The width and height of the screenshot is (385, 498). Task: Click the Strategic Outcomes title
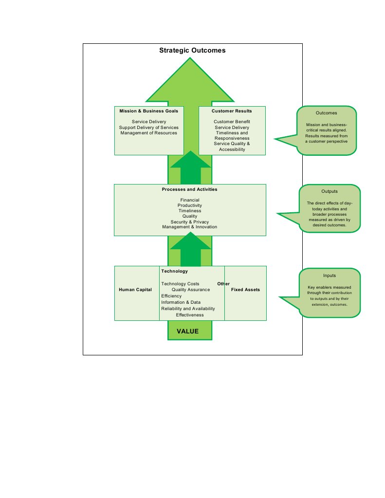(192, 50)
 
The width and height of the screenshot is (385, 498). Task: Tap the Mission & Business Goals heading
(148, 111)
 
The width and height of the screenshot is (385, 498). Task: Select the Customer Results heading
(232, 111)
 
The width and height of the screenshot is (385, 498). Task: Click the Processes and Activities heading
(190, 189)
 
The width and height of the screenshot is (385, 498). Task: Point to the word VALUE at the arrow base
(187, 331)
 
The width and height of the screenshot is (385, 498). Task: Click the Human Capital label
(135, 290)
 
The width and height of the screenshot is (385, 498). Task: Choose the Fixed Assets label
(245, 290)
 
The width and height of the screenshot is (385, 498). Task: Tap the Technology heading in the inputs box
(174, 271)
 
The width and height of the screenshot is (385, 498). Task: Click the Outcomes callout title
(326, 113)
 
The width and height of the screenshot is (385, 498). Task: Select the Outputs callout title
(330, 191)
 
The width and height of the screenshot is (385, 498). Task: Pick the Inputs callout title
(330, 276)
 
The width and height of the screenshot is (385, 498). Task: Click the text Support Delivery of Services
(148, 128)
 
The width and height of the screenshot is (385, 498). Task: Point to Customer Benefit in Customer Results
(232, 122)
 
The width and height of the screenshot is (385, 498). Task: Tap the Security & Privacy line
(190, 221)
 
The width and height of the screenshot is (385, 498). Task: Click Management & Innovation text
(190, 227)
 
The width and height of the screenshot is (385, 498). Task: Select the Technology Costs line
(180, 284)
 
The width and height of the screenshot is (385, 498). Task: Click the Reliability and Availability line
(188, 309)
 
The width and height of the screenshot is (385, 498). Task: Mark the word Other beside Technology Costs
(223, 284)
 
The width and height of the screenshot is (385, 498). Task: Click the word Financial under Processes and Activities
(190, 200)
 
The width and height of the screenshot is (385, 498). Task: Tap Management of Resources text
(148, 133)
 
